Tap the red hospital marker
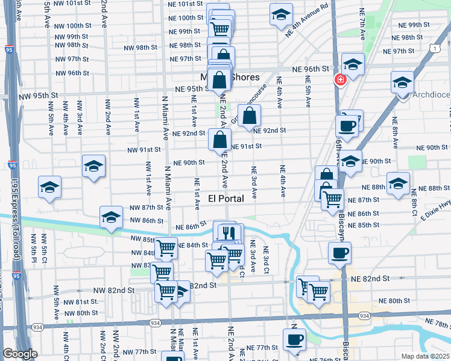341,80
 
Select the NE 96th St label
312,69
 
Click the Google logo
20,354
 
